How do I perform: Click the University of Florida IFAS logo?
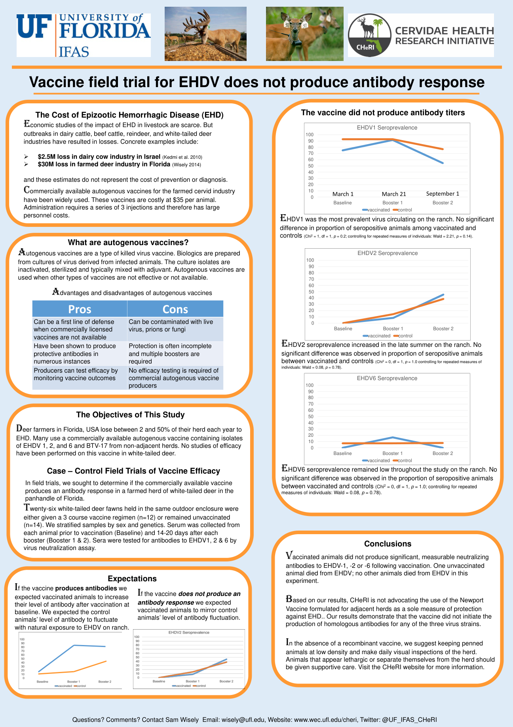[x=84, y=35]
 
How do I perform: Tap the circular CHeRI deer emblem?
[x=369, y=35]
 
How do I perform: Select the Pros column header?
[x=80, y=309]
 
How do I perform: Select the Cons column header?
[x=175, y=309]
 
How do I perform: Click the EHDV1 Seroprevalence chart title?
[x=387, y=128]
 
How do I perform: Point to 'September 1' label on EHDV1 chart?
[x=443, y=194]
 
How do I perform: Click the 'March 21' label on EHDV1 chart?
[x=394, y=194]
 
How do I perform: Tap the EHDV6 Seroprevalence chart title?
[x=387, y=378]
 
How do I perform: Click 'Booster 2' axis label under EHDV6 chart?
[x=443, y=453]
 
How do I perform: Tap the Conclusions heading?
[x=388, y=544]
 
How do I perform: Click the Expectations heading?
[x=132, y=579]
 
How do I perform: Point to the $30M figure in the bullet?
[x=46, y=164]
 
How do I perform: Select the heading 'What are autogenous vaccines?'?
[x=128, y=242]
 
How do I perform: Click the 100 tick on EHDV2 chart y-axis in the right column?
[x=310, y=260]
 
